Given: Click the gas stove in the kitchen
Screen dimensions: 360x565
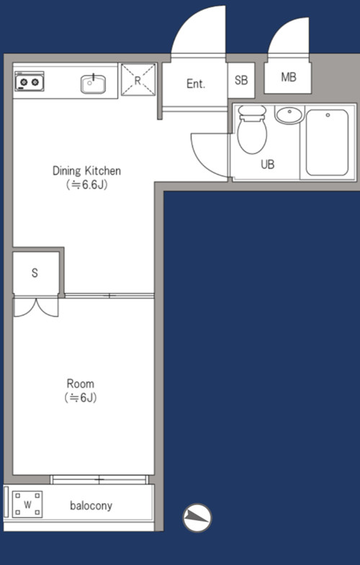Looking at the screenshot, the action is (x=30, y=81).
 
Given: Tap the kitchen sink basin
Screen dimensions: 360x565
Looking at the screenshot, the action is (x=93, y=84).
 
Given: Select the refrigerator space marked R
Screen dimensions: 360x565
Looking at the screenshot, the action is (x=138, y=80).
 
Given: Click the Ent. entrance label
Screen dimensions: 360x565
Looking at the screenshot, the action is (x=196, y=84).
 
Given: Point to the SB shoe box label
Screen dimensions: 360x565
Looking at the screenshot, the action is (x=241, y=80).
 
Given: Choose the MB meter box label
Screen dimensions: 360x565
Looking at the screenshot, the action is (x=288, y=77).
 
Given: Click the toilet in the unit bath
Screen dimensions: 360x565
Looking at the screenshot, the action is (x=252, y=130).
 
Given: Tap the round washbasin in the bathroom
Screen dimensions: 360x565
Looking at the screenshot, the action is (x=289, y=114).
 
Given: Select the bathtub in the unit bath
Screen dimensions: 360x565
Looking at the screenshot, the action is (x=327, y=143).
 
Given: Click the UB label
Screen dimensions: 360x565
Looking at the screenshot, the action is (x=267, y=164).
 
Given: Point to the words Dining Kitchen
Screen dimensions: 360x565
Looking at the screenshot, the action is (x=87, y=171).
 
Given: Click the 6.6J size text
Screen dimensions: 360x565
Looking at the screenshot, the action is (x=87, y=185).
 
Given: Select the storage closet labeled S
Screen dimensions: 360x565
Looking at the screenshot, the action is (x=36, y=273).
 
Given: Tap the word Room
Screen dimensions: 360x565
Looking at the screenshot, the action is (x=81, y=384).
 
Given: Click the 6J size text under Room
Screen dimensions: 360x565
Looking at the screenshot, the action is (x=81, y=398).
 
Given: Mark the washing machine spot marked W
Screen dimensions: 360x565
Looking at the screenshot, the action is (x=27, y=505).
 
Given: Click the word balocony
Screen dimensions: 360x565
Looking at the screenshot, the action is (x=91, y=505).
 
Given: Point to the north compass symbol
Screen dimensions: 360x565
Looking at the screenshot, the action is (x=197, y=517).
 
